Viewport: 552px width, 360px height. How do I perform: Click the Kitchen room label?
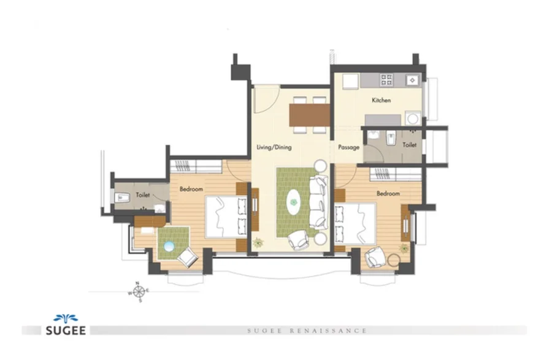[x=381, y=101]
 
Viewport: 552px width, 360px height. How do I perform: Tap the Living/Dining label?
[x=274, y=147]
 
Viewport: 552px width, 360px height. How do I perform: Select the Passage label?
[x=348, y=147]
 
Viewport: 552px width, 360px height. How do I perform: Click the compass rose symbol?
[x=139, y=291]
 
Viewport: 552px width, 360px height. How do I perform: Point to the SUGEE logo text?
[x=66, y=331]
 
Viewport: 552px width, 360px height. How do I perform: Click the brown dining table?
[x=310, y=115]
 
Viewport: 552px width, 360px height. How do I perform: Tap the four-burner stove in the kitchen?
[x=386, y=80]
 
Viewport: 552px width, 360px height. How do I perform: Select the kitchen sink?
[x=412, y=80]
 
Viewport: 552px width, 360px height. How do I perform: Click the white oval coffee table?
[x=293, y=202]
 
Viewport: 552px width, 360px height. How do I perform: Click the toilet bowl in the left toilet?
[x=122, y=197]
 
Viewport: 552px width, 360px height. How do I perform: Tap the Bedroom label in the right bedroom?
[x=388, y=194]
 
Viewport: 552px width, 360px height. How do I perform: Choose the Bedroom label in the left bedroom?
[x=191, y=189]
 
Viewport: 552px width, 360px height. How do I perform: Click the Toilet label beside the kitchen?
[x=410, y=145]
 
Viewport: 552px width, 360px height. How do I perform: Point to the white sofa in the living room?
[x=318, y=202]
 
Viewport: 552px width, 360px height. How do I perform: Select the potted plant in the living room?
[x=258, y=242]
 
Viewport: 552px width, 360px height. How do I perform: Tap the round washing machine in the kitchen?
[x=413, y=118]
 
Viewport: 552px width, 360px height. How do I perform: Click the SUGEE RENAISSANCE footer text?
[x=307, y=331]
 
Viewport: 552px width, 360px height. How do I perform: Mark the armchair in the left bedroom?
[x=188, y=257]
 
